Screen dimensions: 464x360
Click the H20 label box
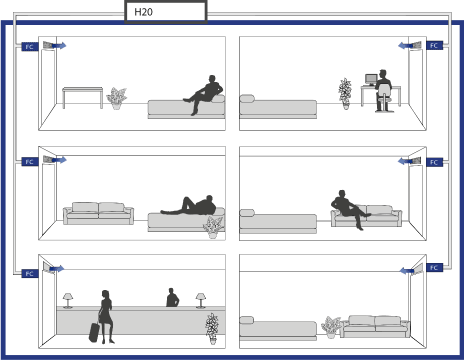pyautogui.click(x=166, y=12)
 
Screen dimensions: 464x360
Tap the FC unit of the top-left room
pyautogui.click(x=30, y=47)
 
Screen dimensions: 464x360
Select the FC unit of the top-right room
pyautogui.click(x=434, y=45)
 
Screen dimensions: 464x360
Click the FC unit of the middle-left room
pyautogui.click(x=30, y=162)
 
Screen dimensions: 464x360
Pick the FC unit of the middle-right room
pyautogui.click(x=434, y=162)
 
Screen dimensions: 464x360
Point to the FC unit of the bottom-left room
pyautogui.click(x=30, y=274)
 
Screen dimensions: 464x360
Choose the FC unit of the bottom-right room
pyautogui.click(x=434, y=268)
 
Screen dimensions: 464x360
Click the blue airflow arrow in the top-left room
pyautogui.click(x=59, y=45)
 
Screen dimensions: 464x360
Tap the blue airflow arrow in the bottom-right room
pyautogui.click(x=407, y=271)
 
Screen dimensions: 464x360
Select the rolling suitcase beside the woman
pyautogui.click(x=94, y=332)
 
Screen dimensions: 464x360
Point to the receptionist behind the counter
pyautogui.click(x=172, y=297)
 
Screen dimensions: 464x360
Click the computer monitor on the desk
pyautogui.click(x=371, y=79)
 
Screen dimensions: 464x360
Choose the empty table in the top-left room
pyautogui.click(x=83, y=97)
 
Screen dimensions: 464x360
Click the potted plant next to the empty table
pyautogui.click(x=117, y=98)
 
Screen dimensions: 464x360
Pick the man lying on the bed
pyautogui.click(x=189, y=205)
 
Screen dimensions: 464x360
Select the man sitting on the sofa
pyautogui.click(x=349, y=209)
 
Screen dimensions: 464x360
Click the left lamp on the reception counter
pyautogui.click(x=68, y=301)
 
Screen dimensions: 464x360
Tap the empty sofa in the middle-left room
pyautogui.click(x=99, y=213)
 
